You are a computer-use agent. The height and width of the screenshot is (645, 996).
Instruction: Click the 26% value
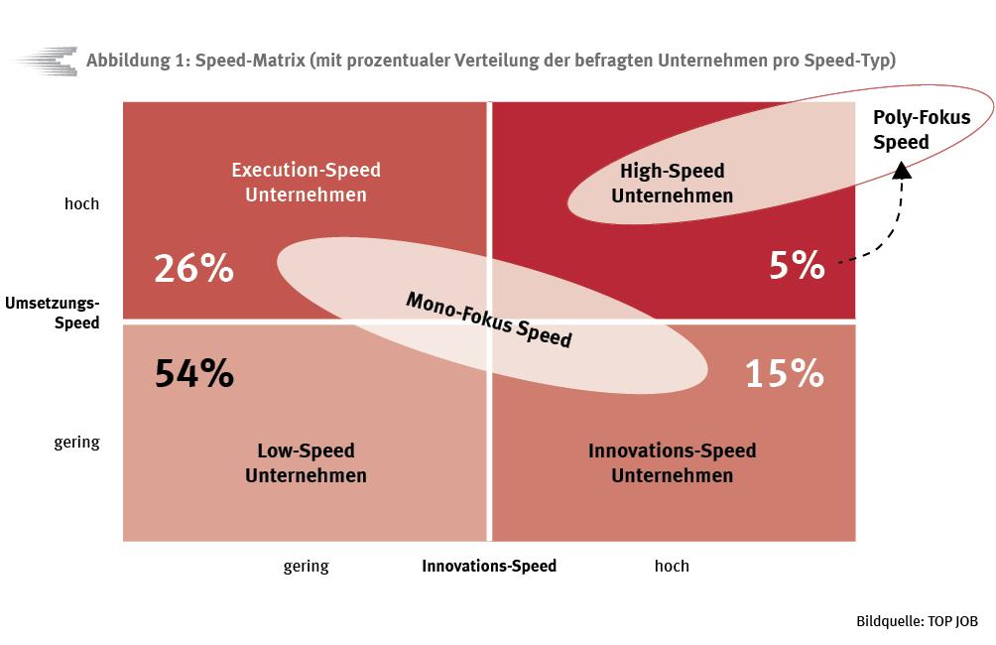tap(193, 268)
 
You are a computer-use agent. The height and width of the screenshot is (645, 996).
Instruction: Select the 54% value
tap(194, 373)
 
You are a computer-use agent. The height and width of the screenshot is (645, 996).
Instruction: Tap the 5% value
tap(797, 265)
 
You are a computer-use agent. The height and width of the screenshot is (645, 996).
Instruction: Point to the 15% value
tap(785, 373)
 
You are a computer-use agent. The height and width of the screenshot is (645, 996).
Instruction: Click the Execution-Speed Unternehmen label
tap(307, 183)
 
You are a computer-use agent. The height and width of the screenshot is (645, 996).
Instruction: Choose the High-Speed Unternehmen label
tap(672, 183)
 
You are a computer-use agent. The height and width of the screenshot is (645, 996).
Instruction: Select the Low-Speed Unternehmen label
tap(307, 462)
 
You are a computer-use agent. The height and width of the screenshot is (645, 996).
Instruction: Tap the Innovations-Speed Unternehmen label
tap(672, 462)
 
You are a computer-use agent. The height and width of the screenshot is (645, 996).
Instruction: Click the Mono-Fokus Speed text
tap(489, 320)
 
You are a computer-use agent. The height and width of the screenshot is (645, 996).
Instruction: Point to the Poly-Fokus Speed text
tap(922, 129)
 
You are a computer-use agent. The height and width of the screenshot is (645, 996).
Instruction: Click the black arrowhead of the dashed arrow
tap(902, 171)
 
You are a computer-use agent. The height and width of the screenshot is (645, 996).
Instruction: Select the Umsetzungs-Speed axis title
tap(53, 313)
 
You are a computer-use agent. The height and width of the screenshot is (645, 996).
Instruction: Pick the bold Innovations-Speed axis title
tap(489, 566)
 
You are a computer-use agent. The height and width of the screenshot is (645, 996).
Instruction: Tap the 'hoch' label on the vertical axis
tap(82, 204)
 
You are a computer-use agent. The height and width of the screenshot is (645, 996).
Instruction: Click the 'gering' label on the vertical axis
tap(76, 443)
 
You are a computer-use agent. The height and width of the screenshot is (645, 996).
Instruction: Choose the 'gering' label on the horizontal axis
tap(307, 567)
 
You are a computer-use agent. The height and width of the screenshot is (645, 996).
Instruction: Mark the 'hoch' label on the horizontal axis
tap(672, 566)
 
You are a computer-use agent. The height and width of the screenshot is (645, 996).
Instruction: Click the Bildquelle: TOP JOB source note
tap(918, 621)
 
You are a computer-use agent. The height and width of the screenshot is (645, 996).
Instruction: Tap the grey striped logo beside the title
tap(45, 62)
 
